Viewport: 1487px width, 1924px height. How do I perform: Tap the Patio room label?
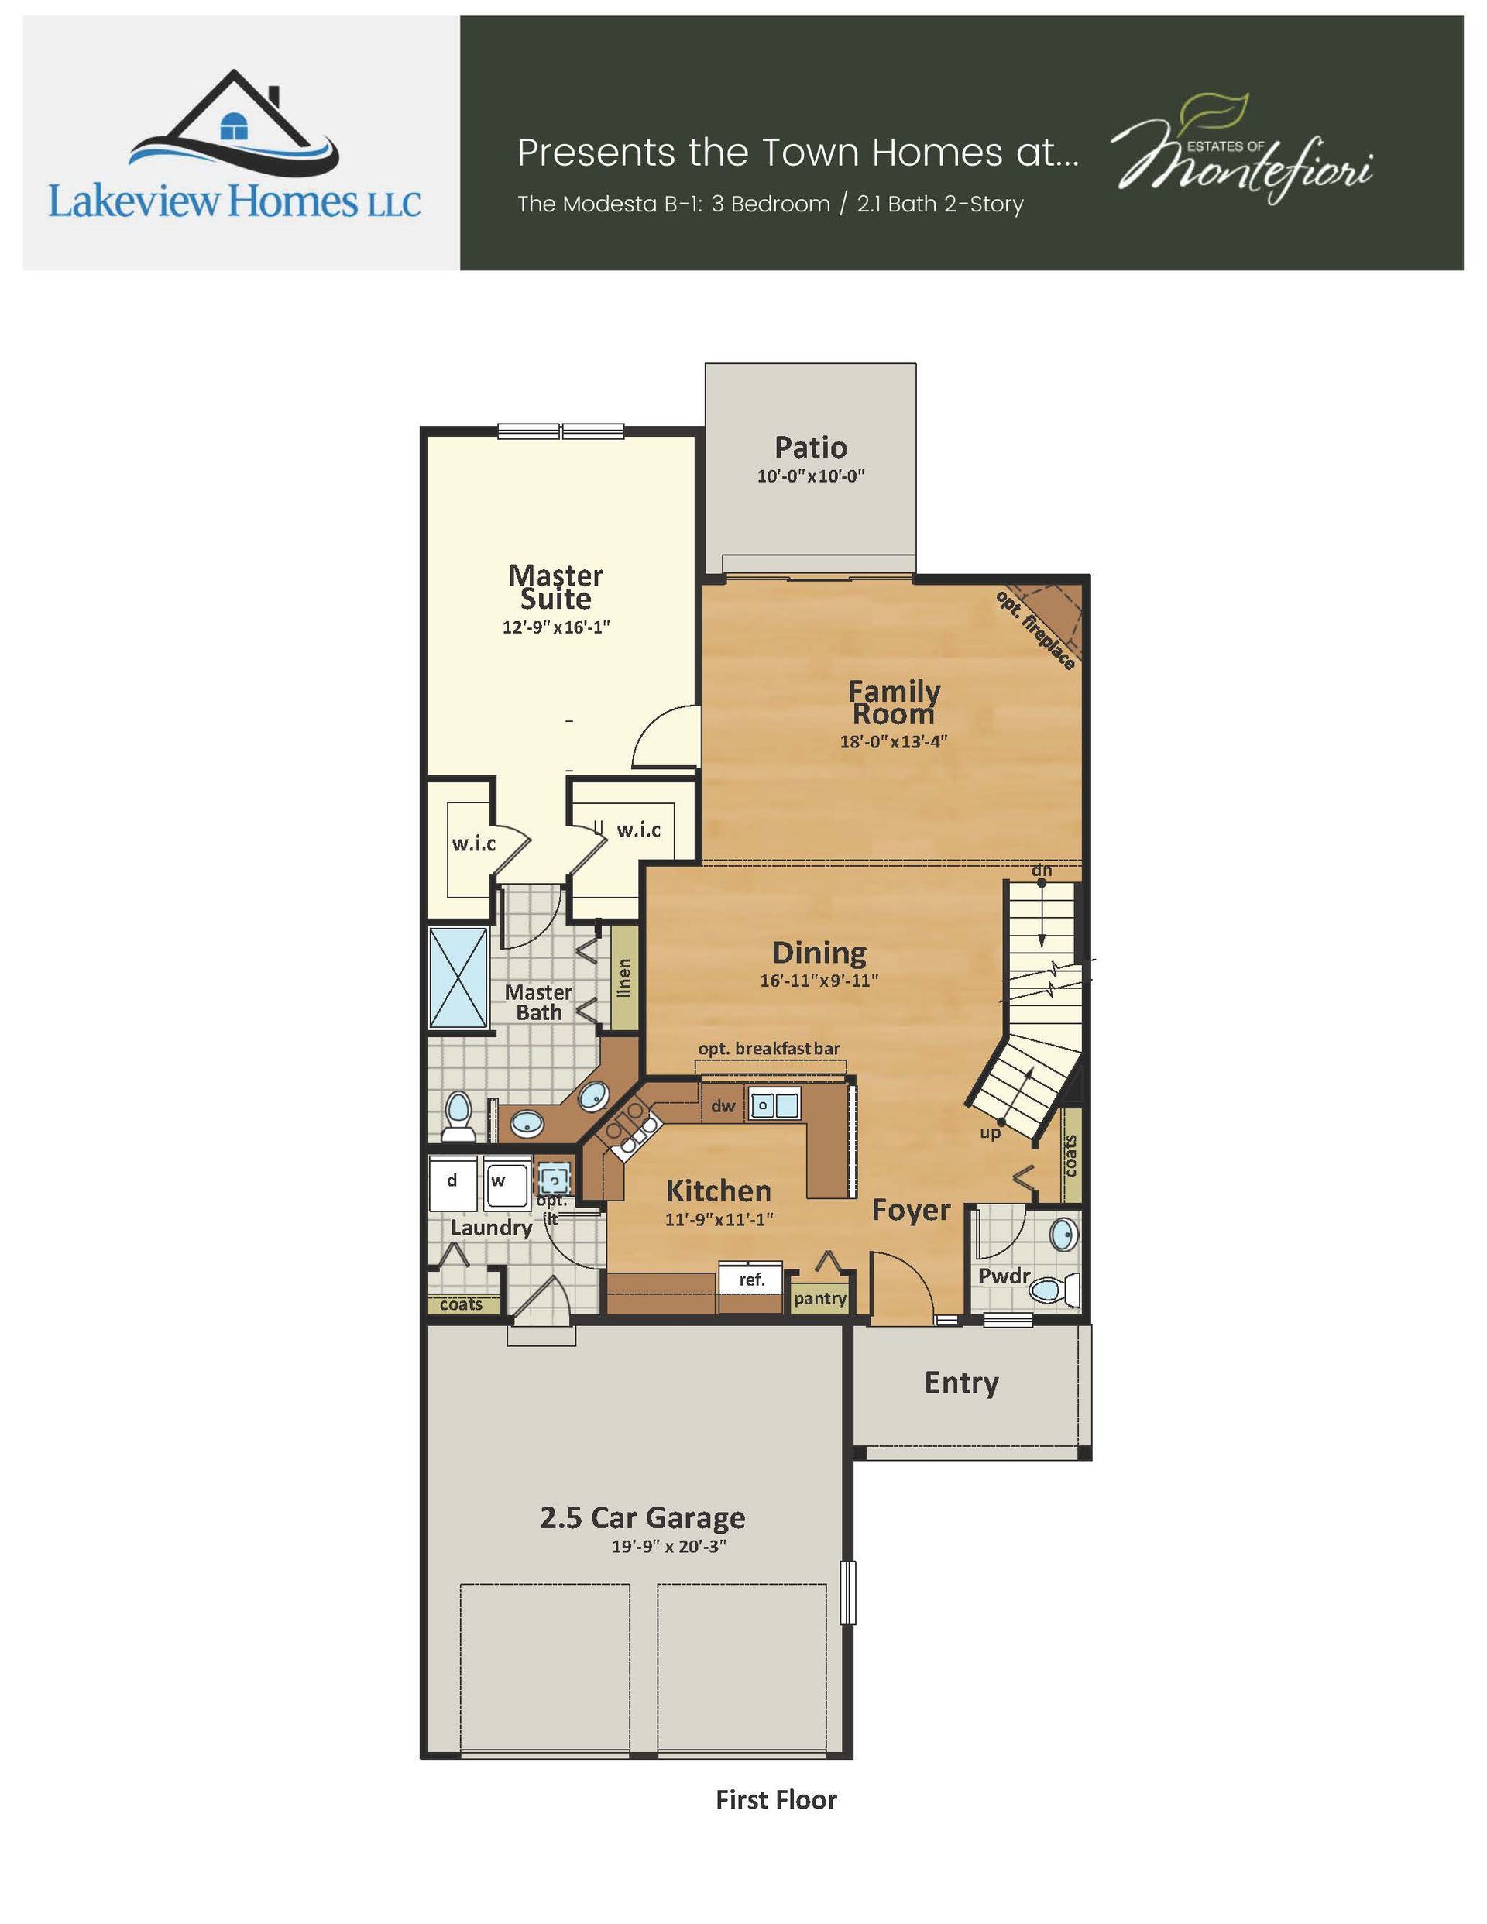pos(810,448)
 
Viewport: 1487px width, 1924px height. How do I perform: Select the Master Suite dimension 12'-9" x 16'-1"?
pos(557,627)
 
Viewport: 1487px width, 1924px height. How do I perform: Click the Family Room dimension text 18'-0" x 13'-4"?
pos(893,741)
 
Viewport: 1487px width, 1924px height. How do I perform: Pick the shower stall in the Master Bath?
pos(458,977)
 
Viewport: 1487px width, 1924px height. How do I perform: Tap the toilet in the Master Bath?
pos(458,1117)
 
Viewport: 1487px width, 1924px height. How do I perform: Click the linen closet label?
pos(624,977)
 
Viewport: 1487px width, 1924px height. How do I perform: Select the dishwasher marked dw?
pos(723,1105)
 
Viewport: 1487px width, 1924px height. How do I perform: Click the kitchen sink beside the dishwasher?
pos(774,1104)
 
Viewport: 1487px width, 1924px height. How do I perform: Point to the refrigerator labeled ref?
pos(751,1279)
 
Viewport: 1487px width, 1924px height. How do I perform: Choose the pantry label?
pos(820,1298)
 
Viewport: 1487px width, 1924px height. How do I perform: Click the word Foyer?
pos(912,1211)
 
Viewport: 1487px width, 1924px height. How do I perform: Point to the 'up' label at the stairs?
pos(990,1133)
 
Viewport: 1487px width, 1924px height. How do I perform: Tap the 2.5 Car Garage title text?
pos(643,1517)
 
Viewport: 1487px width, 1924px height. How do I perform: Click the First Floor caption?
pos(776,1800)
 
